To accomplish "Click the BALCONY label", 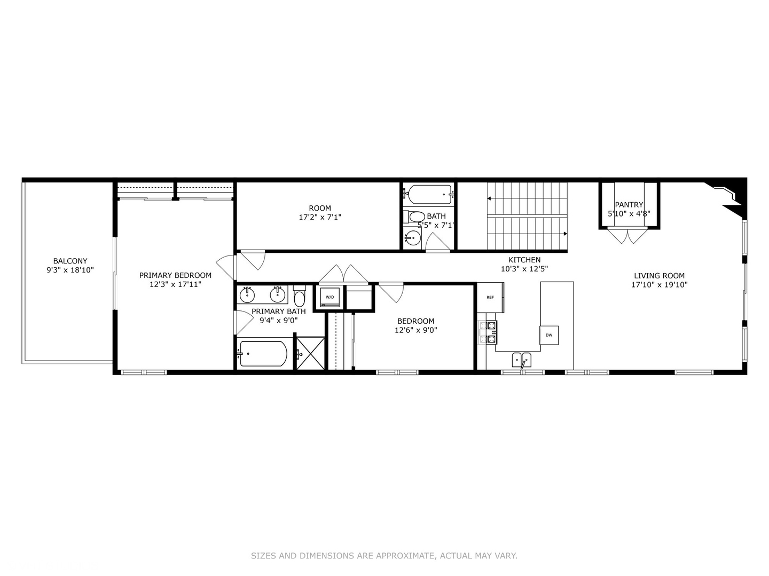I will click(70, 261).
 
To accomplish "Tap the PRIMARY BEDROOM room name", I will click(175, 275).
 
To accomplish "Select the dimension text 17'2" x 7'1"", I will click(320, 217).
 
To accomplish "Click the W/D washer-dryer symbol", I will click(330, 298).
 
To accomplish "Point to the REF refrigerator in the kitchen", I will click(490, 298).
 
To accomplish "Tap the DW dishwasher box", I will click(549, 335).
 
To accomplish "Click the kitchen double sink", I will click(522, 360).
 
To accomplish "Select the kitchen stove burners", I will click(488, 332).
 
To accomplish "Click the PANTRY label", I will click(629, 205).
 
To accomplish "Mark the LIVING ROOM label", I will click(659, 276).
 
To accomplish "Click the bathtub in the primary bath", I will click(263, 354).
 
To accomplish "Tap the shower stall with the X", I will click(310, 353).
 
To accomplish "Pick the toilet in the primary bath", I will click(299, 296).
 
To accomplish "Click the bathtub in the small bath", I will click(428, 195).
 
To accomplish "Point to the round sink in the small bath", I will click(412, 237).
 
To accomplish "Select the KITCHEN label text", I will click(524, 260).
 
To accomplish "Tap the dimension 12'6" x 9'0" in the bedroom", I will click(415, 330).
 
